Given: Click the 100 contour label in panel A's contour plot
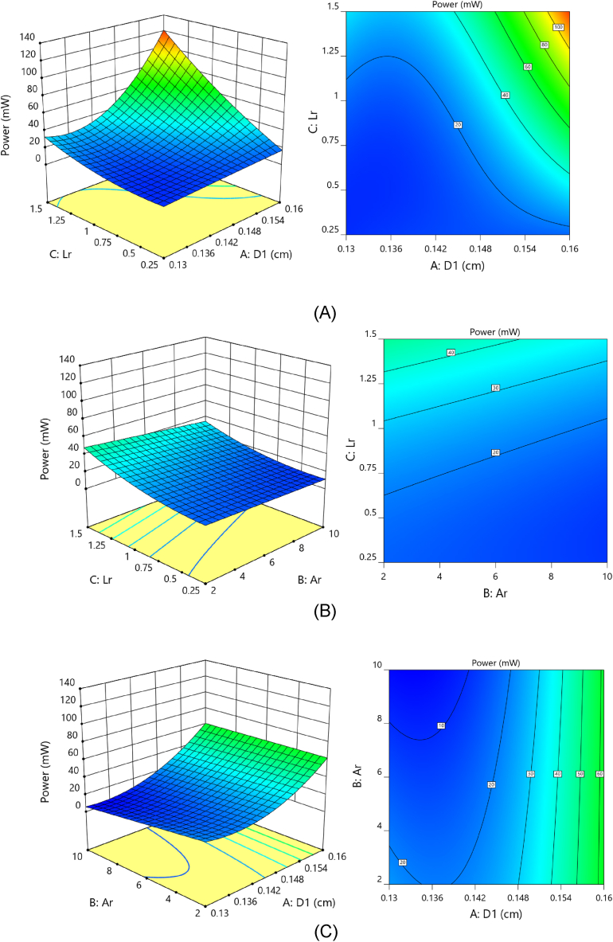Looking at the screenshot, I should click(558, 27).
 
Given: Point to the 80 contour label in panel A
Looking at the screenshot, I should click(545, 45).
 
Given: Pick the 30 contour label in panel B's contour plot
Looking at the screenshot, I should click(494, 388).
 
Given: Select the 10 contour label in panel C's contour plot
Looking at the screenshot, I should click(439, 725).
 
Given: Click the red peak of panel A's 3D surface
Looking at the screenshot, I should click(163, 34).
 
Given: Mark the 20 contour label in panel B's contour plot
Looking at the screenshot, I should click(494, 452).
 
